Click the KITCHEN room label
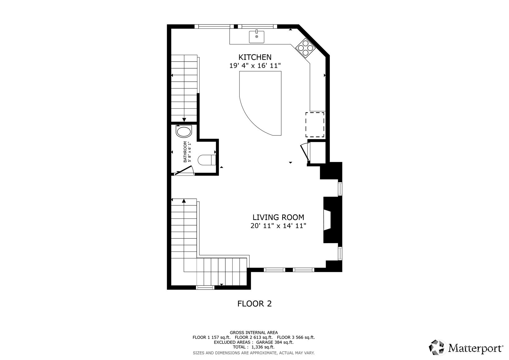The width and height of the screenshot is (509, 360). pyautogui.click(x=255, y=57)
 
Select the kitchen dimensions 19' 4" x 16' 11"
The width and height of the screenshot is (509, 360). pyautogui.click(x=255, y=66)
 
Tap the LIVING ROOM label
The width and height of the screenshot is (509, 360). pyautogui.click(x=278, y=217)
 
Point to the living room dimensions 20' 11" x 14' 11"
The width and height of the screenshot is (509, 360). pyautogui.click(x=278, y=226)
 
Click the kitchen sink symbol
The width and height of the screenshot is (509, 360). pyautogui.click(x=257, y=36)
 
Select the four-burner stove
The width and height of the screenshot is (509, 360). pyautogui.click(x=306, y=48)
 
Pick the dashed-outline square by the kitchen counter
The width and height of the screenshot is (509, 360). pyautogui.click(x=315, y=125)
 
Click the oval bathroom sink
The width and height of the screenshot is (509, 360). pyautogui.click(x=184, y=132)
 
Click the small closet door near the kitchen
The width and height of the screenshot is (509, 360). pyautogui.click(x=305, y=151)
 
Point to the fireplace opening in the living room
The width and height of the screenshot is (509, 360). pyautogui.click(x=328, y=220)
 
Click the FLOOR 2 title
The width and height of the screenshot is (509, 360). pyautogui.click(x=254, y=304)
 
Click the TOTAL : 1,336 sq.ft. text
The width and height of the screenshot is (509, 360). pyautogui.click(x=253, y=347)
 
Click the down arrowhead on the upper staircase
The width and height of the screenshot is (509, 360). pyautogui.click(x=184, y=120)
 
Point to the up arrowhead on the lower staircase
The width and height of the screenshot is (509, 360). pyautogui.click(x=184, y=201)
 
